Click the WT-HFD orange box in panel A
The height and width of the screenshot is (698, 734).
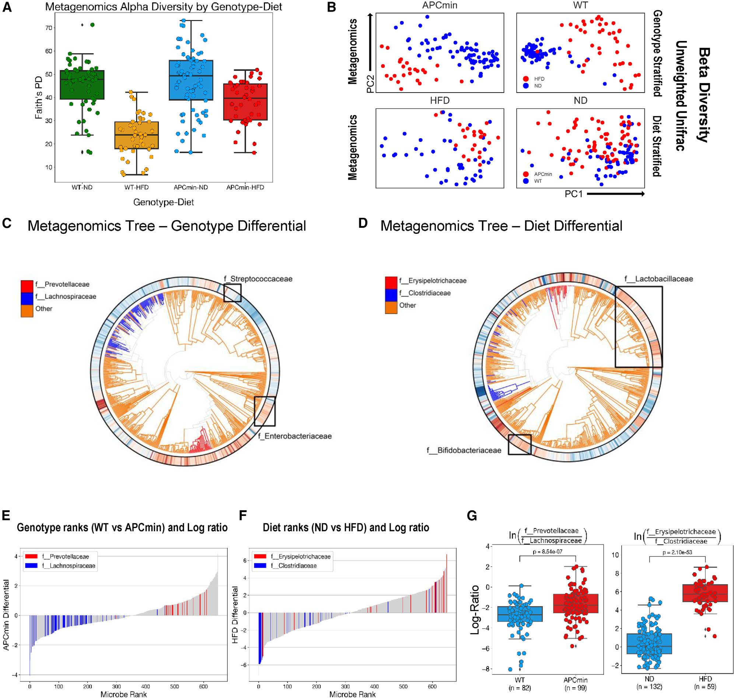click(136, 135)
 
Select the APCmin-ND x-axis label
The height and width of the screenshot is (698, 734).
click(191, 187)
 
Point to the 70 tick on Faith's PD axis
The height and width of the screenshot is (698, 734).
click(49, 28)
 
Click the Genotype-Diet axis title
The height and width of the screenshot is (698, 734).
click(163, 202)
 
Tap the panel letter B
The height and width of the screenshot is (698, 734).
click(331, 7)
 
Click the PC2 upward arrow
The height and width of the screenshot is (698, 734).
click(370, 41)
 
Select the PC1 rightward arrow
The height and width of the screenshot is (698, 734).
click(615, 194)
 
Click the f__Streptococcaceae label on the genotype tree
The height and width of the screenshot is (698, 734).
click(258, 279)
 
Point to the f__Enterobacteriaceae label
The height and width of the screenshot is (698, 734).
click(294, 436)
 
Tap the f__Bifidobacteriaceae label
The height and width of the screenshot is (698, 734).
click(464, 450)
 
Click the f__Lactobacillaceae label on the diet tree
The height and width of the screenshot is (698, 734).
click(658, 279)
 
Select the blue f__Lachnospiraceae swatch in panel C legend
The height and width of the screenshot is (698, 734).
click(27, 296)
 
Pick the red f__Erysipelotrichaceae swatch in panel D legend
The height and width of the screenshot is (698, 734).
click(391, 281)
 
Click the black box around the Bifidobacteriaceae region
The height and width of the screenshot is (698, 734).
click(519, 444)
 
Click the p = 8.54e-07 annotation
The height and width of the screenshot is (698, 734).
click(547, 551)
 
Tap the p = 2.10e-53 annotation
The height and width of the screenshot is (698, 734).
click(677, 552)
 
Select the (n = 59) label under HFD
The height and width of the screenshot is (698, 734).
click(705, 687)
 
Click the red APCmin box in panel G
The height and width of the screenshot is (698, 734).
click(575, 603)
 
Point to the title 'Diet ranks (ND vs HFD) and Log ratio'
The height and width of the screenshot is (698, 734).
click(346, 527)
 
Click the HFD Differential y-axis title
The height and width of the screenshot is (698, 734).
click(235, 615)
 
